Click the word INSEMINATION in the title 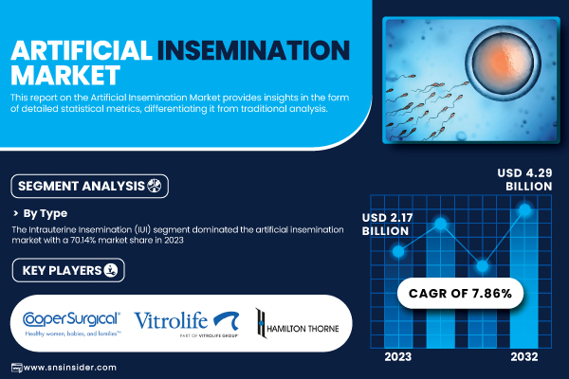click(253, 50)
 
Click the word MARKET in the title click(65, 75)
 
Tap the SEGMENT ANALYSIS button click(90, 186)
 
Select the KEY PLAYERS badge click(68, 270)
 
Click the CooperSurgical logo click(71, 323)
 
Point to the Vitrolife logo click(187, 323)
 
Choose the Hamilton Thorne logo click(297, 324)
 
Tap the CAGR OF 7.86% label click(460, 293)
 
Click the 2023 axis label click(398, 357)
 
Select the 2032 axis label click(524, 357)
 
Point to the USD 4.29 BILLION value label click(524, 179)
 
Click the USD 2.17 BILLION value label click(387, 225)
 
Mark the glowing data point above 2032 click(524, 209)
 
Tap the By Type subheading click(45, 213)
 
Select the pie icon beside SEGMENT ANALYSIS click(155, 186)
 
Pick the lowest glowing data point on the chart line click(483, 266)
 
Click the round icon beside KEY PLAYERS click(111, 270)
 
